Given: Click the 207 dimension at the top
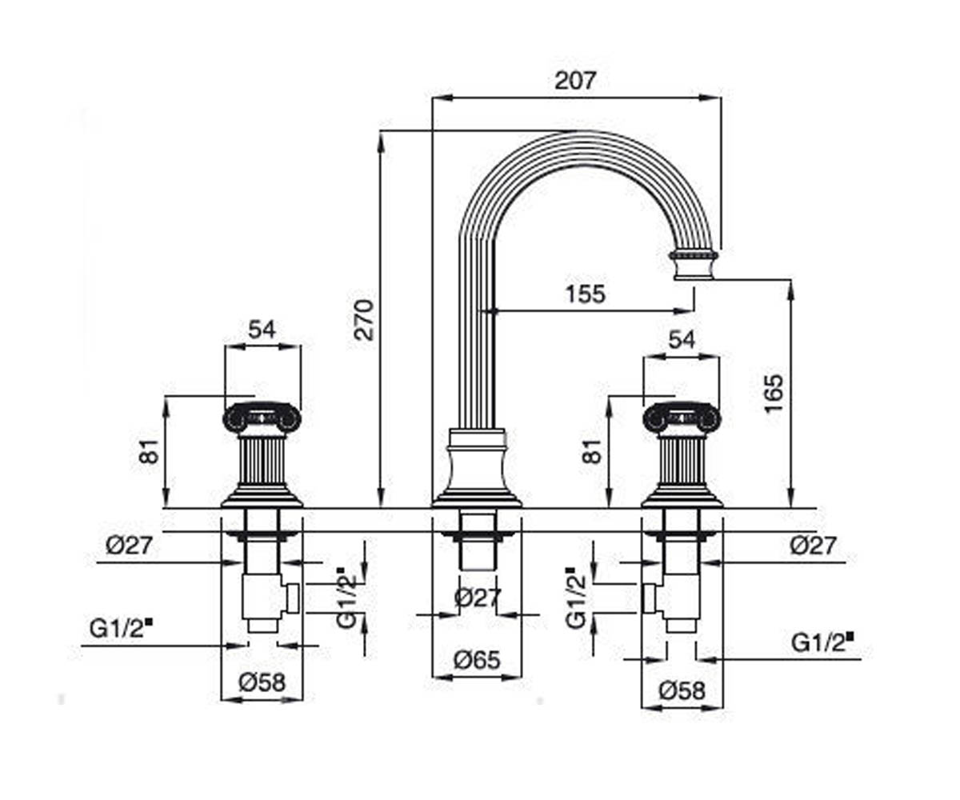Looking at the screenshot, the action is pos(574,81).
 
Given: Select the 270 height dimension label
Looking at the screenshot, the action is pos(364,319).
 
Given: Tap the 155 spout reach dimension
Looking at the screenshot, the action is pos(586,294).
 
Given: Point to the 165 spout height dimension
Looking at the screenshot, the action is pos(774,394).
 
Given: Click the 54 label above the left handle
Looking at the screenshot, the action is pos(262,330).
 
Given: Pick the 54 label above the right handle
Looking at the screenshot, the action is pos(682,340).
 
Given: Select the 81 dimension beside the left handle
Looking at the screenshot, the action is pos(150,451).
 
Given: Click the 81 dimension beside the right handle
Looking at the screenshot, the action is pos(592,451).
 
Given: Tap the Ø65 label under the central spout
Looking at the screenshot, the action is pos(477,661).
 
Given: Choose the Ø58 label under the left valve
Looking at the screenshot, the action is pos(262,682).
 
